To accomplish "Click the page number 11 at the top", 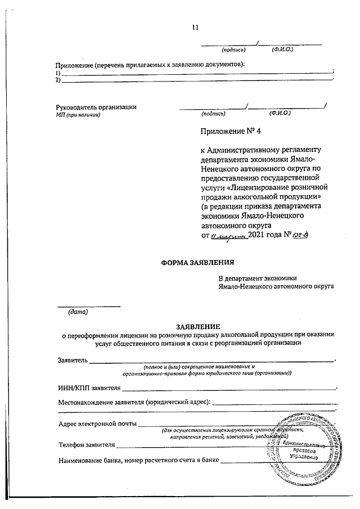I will tap(195, 27).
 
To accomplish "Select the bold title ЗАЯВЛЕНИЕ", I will tap(198, 326).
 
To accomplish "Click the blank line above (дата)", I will tap(89, 305).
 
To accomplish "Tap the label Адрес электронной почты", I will tap(97, 423).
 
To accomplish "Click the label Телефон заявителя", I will tap(87, 445).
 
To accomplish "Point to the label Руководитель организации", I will tap(96, 107).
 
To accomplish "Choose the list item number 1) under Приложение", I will tap(58, 73).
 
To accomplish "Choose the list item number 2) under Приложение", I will tap(58, 80).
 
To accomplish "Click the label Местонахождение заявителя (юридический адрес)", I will tap(134, 402).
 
